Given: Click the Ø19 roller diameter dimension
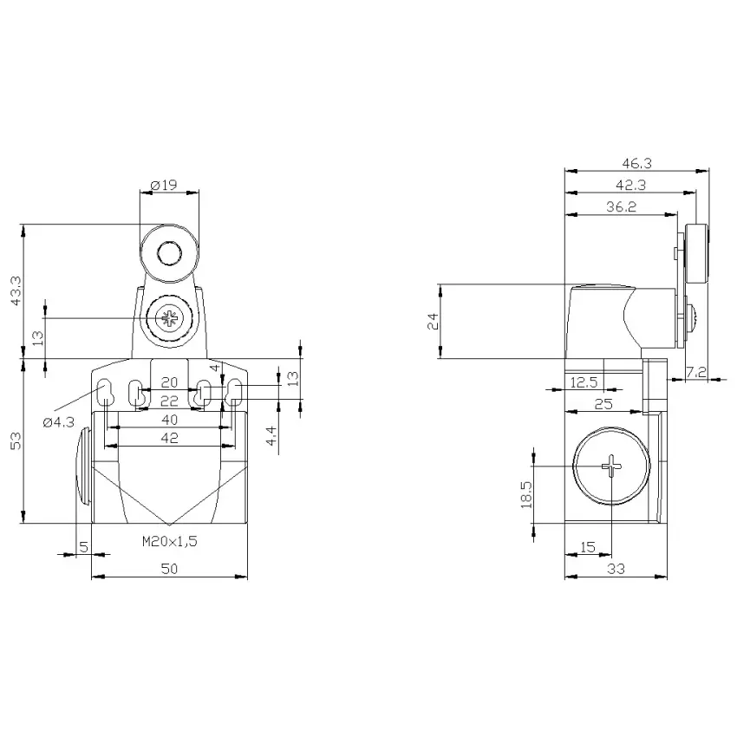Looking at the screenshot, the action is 164,186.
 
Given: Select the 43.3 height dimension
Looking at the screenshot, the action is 16,291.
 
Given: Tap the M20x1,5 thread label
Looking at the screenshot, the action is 170,541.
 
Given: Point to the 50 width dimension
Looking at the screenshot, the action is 169,569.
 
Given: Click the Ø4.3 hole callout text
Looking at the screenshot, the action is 59,422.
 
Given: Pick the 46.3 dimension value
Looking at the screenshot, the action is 637,163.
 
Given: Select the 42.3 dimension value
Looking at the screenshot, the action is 630,186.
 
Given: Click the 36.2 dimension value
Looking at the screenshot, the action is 621,207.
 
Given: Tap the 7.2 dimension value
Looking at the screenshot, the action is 696,372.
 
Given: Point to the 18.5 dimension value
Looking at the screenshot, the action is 526,494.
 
